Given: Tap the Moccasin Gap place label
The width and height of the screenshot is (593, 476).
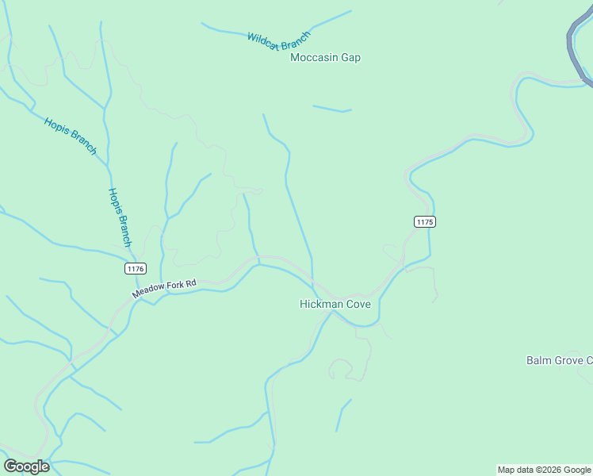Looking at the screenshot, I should tap(325, 58).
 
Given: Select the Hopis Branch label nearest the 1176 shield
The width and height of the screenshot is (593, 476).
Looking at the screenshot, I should tap(119, 217).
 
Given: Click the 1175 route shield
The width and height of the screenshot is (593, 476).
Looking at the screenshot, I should tap(424, 222).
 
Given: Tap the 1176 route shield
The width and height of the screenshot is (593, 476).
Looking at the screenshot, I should tap(135, 269).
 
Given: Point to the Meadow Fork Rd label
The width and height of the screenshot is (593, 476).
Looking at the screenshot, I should tap(163, 288).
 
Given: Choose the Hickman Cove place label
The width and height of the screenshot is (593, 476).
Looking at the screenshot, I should tap(335, 304).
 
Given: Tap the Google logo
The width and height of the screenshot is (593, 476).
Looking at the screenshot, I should tap(26, 466).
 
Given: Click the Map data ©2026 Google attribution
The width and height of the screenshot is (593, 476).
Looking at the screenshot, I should tap(544, 470).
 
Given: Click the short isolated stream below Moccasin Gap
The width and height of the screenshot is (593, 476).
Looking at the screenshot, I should tap(332, 109).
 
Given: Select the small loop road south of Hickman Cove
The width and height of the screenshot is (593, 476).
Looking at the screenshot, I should tap(340, 367).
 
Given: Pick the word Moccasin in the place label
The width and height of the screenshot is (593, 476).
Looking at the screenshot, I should tap(312, 58).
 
